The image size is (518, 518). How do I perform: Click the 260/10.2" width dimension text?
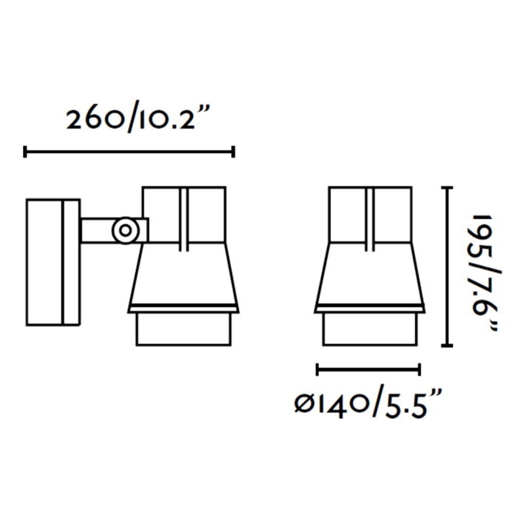[138, 118]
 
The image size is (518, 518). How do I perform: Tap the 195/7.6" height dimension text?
[485, 273]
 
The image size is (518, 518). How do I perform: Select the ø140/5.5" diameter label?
[368, 402]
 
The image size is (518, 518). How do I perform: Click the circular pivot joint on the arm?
[125, 230]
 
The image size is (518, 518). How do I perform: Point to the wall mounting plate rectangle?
[53, 262]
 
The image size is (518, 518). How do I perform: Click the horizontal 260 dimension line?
[129, 152]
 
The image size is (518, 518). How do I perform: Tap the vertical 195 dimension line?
[447, 266]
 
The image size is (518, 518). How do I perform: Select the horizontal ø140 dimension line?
[368, 369]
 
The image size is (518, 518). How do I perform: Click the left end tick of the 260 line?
[24, 152]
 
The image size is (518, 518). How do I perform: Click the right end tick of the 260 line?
[233, 152]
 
